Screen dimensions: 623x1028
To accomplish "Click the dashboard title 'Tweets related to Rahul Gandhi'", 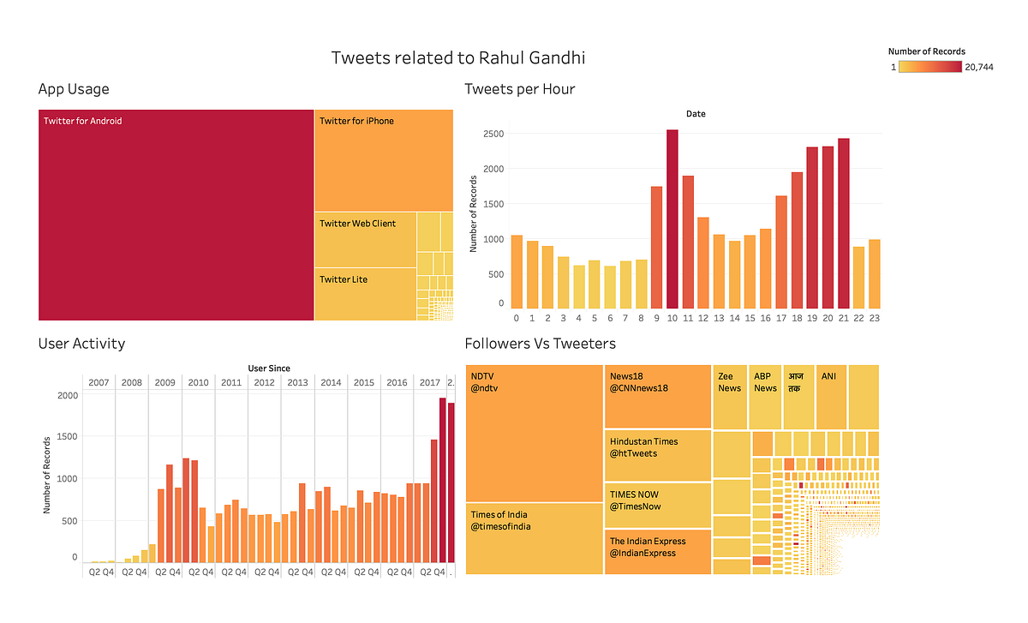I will coord(458,58).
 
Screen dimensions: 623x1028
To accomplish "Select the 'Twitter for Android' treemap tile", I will coord(176,214).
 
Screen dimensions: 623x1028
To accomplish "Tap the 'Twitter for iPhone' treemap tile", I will coord(383,159).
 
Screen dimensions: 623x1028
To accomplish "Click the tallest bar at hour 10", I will coord(672,219).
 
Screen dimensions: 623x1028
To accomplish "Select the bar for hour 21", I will coord(844,223).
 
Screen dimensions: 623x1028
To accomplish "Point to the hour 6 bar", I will coord(610,287).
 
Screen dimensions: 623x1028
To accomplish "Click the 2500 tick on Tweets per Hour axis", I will coord(492,134).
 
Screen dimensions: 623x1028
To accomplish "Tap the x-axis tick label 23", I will coord(874,318).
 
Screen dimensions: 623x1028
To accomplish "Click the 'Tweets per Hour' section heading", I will coord(519,89).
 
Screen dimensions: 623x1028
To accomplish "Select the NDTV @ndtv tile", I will coord(534,433).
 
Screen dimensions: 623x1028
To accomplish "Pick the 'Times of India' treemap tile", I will coord(534,538).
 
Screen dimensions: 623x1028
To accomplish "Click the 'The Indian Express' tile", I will coord(657,552).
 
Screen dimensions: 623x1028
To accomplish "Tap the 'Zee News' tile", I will coord(730,397).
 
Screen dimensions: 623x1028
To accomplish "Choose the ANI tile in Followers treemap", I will coord(831,397).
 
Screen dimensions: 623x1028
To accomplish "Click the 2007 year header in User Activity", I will coord(99,382).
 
